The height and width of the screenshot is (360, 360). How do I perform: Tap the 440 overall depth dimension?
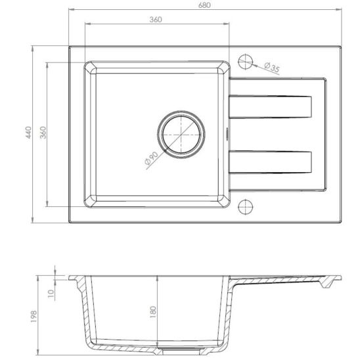coord(28,133)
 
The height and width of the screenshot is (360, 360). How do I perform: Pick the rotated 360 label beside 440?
coord(43,133)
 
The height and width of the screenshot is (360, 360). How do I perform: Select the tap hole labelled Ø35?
coord(245,62)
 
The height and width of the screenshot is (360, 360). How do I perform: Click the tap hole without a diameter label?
coord(245,205)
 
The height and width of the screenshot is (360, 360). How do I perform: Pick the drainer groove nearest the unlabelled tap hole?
coord(271,160)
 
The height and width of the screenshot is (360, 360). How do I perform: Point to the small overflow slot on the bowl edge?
coord(228,133)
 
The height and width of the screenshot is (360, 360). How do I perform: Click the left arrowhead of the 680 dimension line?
coord(70,11)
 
